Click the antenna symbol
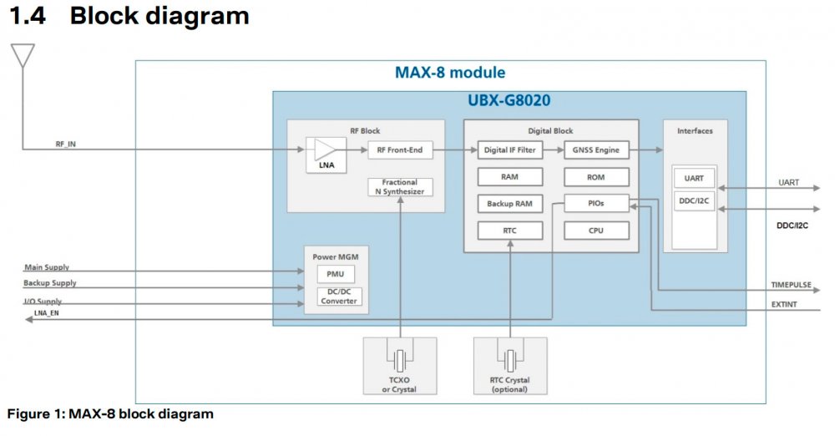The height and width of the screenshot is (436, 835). pyautogui.click(x=23, y=56)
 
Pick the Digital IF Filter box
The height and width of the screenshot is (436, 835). pyautogui.click(x=509, y=150)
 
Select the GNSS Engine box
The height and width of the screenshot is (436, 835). pyautogui.click(x=595, y=150)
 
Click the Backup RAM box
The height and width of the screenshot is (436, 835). pyautogui.click(x=509, y=204)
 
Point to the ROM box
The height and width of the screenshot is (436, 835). pyautogui.click(x=595, y=177)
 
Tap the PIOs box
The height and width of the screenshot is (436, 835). pyautogui.click(x=595, y=203)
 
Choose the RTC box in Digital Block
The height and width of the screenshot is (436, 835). pyautogui.click(x=509, y=231)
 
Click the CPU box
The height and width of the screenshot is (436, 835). pyautogui.click(x=595, y=231)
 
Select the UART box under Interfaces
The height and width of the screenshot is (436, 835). pyautogui.click(x=694, y=178)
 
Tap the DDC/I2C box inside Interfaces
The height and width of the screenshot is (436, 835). pyautogui.click(x=694, y=200)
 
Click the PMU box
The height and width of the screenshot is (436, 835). pyautogui.click(x=335, y=274)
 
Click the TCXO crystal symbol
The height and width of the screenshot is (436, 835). pyautogui.click(x=402, y=360)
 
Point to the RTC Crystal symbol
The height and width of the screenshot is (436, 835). pyautogui.click(x=509, y=360)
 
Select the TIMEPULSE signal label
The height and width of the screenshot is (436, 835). pyautogui.click(x=790, y=285)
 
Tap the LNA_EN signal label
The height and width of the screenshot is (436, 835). pyautogui.click(x=47, y=313)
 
